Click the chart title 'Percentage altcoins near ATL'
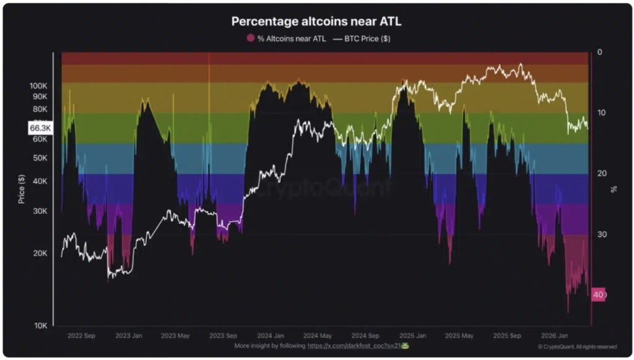pyautogui.click(x=316, y=22)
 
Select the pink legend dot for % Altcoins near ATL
pyautogui.click(x=250, y=38)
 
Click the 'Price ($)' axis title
pyautogui.click(x=22, y=188)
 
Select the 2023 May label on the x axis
pyautogui.click(x=175, y=336)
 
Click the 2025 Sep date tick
pyautogui.click(x=506, y=336)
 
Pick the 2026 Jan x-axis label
pyautogui.click(x=555, y=336)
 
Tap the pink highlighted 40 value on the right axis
pyautogui.click(x=598, y=295)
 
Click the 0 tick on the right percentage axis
pyautogui.click(x=599, y=52)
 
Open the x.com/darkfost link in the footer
pyautogui.click(x=354, y=345)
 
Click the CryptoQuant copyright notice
pyautogui.click(x=577, y=346)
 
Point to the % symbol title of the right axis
pyautogui.click(x=614, y=188)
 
